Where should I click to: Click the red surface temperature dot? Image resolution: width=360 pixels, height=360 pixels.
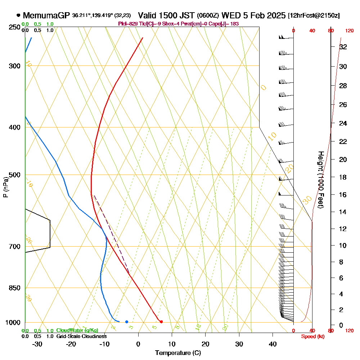coord(161,321)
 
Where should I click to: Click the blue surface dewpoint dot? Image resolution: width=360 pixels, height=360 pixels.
coord(127,321)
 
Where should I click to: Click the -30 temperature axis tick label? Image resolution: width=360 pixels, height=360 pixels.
coord(37,344)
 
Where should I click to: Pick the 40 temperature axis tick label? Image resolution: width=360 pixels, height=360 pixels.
coord(273,344)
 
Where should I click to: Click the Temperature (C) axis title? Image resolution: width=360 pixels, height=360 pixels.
coord(178,353)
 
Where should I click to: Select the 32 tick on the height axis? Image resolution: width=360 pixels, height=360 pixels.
coord(343,47)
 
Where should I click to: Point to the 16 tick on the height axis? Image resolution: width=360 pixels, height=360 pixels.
coord(343,195)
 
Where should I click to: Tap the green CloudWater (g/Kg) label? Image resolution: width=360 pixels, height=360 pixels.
coord(77,330)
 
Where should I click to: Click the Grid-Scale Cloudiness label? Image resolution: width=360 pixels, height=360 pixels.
coord(81,336)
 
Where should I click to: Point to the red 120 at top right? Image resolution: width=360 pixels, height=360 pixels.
coord(349,31)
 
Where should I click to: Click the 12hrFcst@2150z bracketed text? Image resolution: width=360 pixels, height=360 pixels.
coord(314,16)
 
